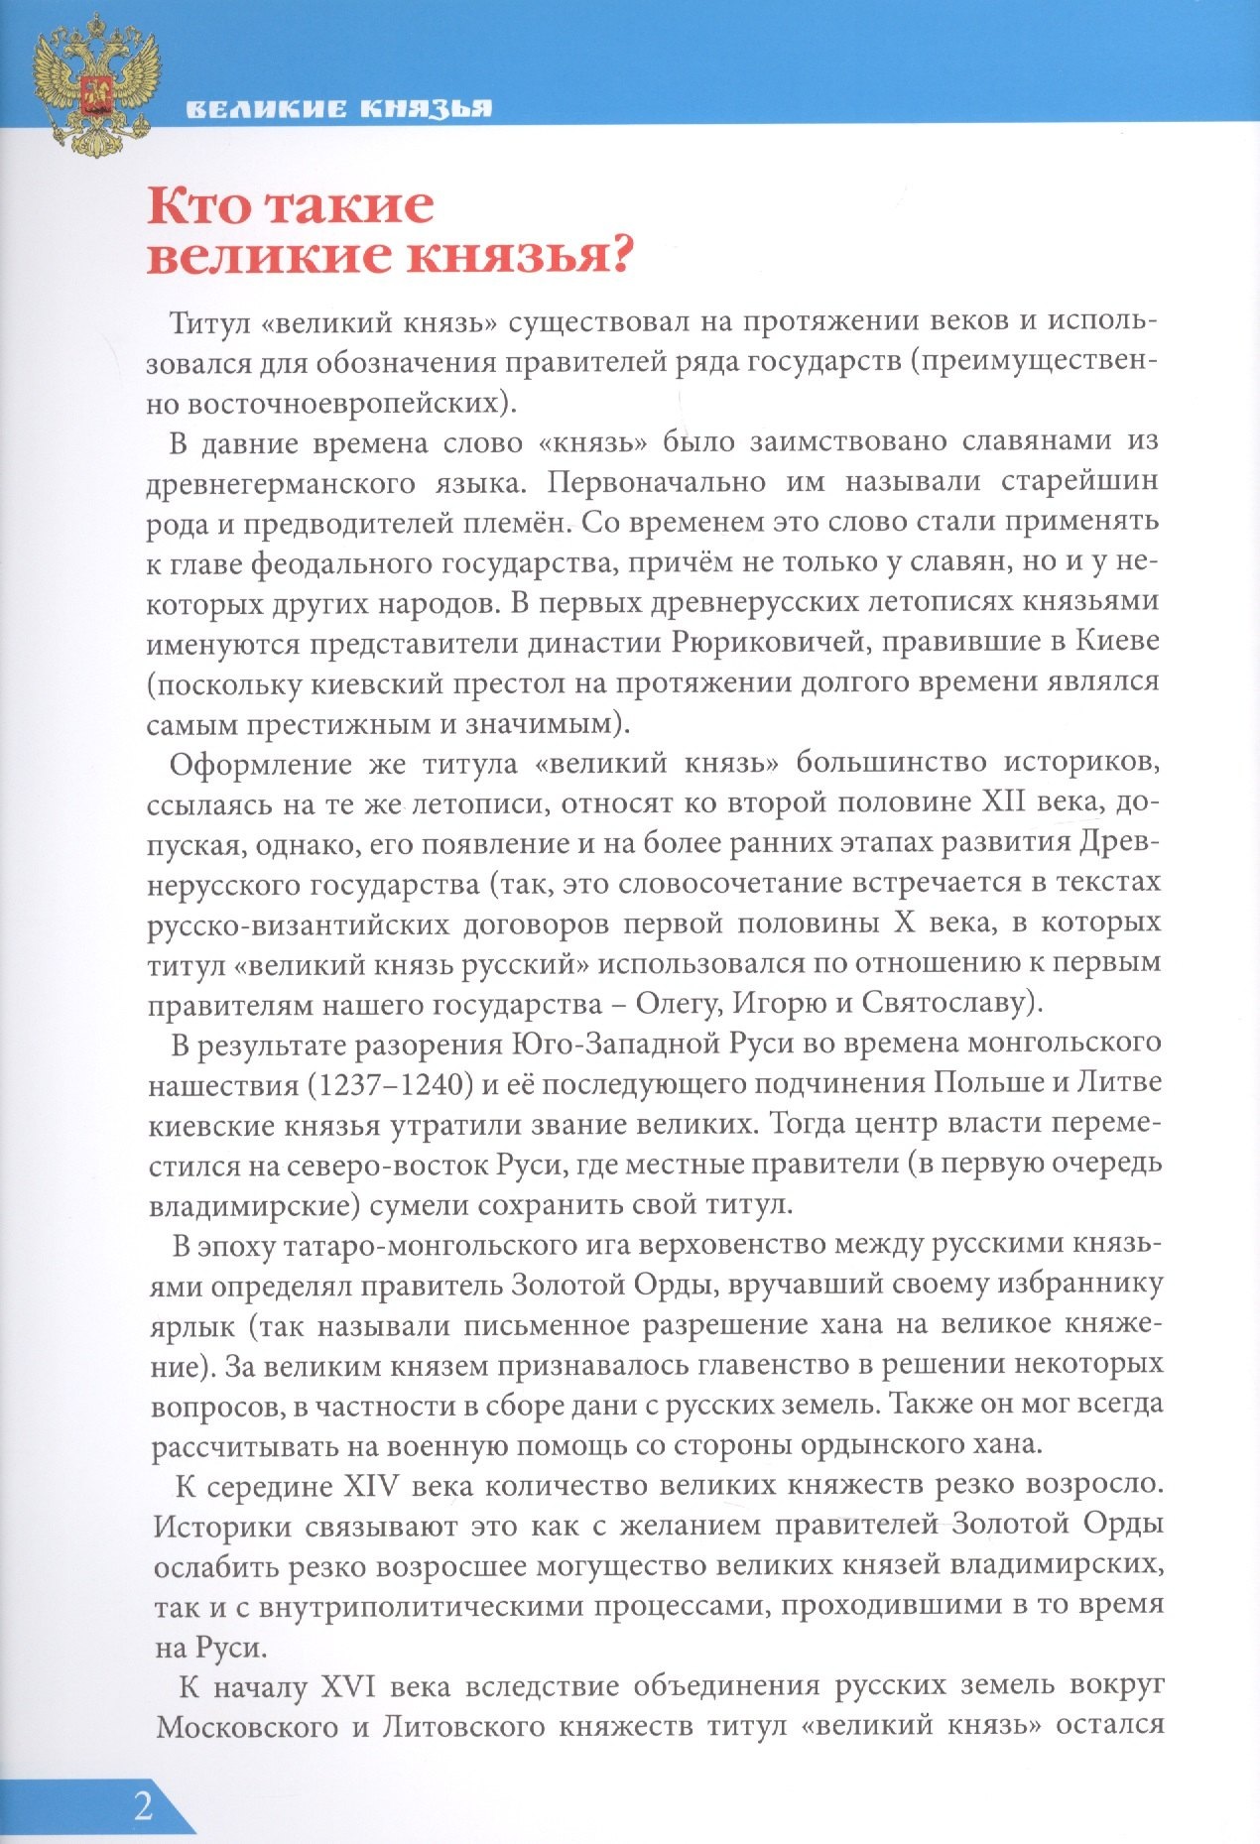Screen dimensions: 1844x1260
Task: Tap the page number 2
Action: (x=144, y=1805)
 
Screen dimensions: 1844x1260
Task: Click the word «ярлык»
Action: (x=192, y=1326)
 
